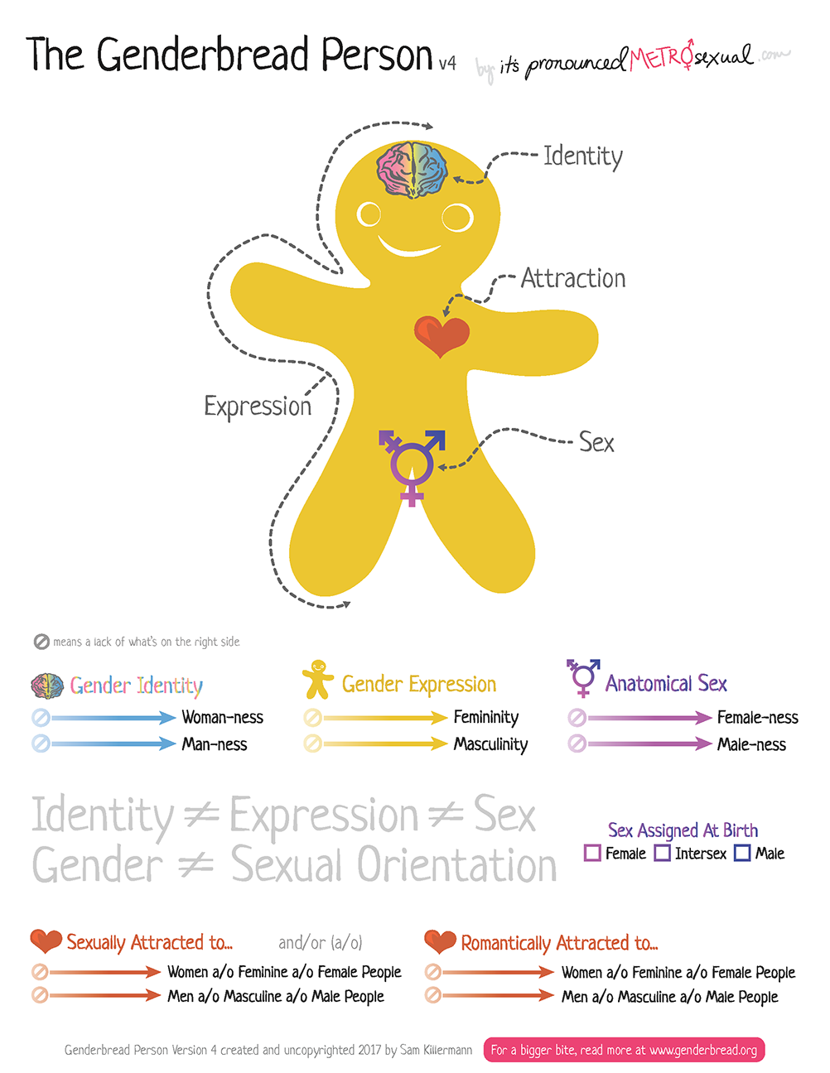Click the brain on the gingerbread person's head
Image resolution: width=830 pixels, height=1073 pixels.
(412, 170)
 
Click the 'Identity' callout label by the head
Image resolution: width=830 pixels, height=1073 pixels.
(582, 156)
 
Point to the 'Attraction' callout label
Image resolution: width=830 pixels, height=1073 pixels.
(573, 278)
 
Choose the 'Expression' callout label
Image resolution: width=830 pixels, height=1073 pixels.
(258, 406)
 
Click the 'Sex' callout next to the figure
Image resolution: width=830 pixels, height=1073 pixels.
(596, 442)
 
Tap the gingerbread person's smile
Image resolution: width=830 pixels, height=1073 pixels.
(409, 246)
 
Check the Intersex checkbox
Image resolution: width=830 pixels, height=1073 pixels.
(663, 853)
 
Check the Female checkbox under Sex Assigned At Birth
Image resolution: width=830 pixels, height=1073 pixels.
(592, 853)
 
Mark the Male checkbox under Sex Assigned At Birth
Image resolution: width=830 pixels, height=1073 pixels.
(742, 853)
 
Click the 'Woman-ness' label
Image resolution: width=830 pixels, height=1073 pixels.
(223, 717)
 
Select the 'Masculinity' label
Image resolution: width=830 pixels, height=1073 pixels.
(490, 744)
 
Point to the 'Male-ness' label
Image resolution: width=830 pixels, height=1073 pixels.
(751, 744)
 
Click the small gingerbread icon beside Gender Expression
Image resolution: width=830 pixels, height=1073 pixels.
(317, 679)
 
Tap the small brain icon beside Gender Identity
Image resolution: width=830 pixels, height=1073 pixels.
(47, 686)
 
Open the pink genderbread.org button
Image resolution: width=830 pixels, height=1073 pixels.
(624, 1050)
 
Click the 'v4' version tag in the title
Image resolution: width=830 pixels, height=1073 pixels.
(447, 63)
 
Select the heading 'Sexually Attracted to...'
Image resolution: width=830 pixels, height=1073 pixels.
(149, 942)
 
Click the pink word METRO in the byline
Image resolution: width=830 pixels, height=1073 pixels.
(660, 58)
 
